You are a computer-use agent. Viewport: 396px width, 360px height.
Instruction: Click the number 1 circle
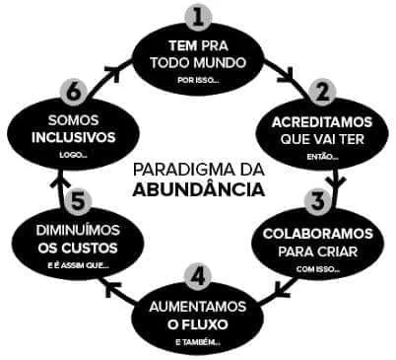coord(198,17)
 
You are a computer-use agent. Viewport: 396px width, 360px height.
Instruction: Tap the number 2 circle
coord(322,92)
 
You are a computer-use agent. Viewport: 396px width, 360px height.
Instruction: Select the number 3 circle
coord(318,201)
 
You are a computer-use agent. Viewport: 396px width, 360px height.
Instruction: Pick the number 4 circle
coord(198,275)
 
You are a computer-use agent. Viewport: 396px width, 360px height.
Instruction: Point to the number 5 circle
coord(78,201)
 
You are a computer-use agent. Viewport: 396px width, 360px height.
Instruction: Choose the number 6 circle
coord(74,92)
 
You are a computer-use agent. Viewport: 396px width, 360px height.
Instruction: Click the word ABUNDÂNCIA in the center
coord(199,189)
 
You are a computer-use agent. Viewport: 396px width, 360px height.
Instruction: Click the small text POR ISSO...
coord(198,80)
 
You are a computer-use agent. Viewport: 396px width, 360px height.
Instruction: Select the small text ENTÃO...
coord(323,157)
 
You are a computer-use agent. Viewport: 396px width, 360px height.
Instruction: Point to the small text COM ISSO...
coord(318,269)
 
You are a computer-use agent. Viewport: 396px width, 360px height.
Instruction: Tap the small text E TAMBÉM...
coord(198,342)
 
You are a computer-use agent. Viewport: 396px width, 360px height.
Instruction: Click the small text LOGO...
coord(73,155)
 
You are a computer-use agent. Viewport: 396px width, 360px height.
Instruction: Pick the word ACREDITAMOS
coord(322,122)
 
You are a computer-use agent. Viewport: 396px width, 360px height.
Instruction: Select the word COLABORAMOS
coord(318,234)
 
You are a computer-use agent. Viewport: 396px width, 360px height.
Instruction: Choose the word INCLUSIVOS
coord(74,137)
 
